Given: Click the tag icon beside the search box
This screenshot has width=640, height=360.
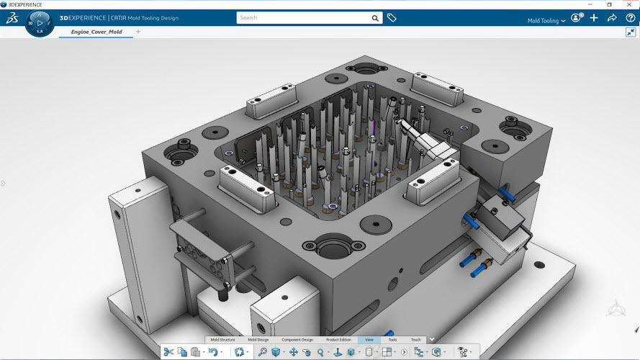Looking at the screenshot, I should [392, 17].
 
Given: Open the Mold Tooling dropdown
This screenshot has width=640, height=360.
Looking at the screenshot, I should [547, 21].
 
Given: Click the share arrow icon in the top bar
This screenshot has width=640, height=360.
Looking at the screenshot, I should [612, 18].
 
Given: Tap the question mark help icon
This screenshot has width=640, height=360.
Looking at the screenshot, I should [629, 18].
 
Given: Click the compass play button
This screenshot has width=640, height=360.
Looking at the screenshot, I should [40, 22].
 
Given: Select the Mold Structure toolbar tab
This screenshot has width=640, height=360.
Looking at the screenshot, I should [222, 339].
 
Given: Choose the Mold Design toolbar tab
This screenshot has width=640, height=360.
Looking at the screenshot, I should [258, 339].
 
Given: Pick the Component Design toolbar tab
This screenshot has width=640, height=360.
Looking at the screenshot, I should [297, 339].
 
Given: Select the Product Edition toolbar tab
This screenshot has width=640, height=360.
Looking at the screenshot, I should [338, 339].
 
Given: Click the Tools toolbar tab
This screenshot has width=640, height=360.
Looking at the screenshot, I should [392, 339].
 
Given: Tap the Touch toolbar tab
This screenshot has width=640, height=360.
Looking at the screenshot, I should [415, 339].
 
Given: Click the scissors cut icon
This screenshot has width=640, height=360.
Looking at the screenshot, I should [168, 352].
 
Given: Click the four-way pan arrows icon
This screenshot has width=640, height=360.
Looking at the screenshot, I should [294, 352].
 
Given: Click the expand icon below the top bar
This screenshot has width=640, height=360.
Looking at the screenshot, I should [631, 32].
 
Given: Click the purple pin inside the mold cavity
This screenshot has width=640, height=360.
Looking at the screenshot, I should [374, 129].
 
